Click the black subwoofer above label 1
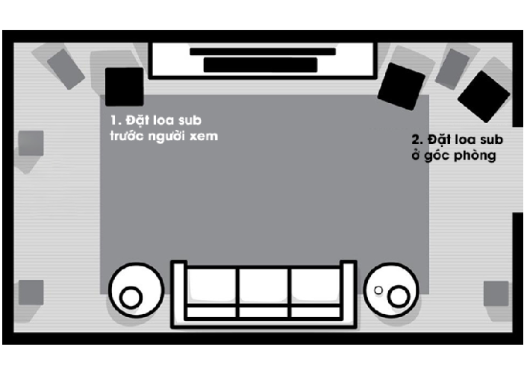[125, 87]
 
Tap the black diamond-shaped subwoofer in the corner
[484, 96]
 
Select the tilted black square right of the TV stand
[402, 86]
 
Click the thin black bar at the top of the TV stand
[263, 51]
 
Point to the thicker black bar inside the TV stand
[261, 64]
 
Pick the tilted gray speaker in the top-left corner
[66, 69]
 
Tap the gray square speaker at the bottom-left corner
[31, 292]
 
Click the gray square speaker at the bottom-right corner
[496, 293]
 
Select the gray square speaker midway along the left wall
[31, 143]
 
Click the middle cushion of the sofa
[263, 286]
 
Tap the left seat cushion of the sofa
[211, 286]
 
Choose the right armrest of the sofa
[349, 292]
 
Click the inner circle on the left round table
[131, 298]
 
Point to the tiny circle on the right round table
[378, 290]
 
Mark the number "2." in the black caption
[417, 140]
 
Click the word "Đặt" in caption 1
[137, 120]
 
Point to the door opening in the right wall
[517, 169]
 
